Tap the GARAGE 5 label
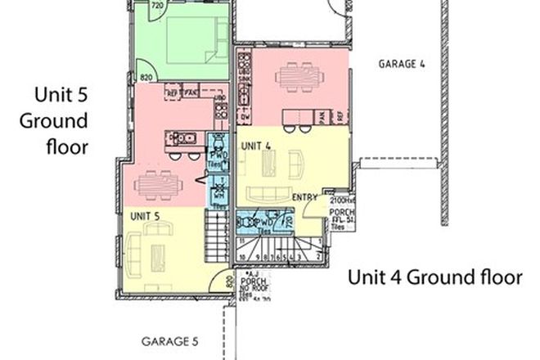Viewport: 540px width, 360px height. (x=169, y=341)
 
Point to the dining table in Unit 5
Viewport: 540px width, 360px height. (x=155, y=187)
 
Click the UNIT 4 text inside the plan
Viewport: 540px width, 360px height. (x=258, y=145)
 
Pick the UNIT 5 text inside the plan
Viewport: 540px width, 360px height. (x=145, y=215)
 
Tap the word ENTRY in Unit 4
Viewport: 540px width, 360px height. (x=304, y=197)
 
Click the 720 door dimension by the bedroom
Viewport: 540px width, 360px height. (x=158, y=6)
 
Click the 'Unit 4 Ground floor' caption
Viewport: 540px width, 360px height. (x=434, y=277)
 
